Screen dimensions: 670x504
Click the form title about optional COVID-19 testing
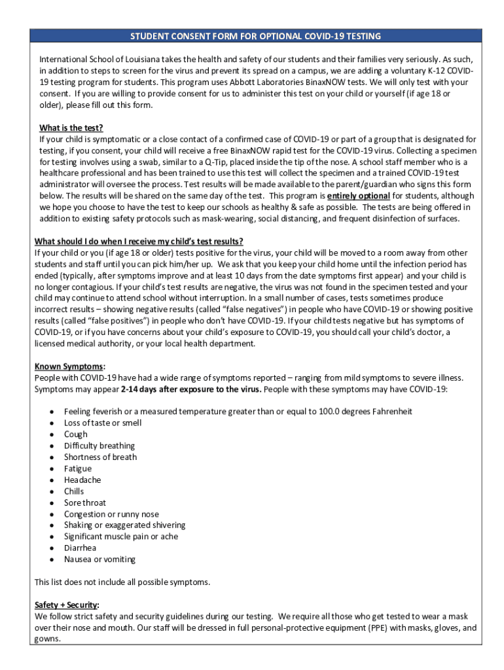tap(255, 36)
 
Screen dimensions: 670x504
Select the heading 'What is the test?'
tap(71, 128)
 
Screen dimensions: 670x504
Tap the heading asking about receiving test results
tap(139, 241)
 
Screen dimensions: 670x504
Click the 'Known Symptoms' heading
tap(69, 366)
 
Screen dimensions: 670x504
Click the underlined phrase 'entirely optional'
tap(359, 196)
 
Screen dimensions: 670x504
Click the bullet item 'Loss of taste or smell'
tap(102, 423)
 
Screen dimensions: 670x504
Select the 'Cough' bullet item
tap(75, 434)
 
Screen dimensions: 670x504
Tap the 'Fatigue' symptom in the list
tap(78, 468)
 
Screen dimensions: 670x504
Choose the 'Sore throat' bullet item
tap(85, 502)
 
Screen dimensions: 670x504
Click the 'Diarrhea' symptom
tap(80, 548)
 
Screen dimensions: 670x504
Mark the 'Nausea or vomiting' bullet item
tap(99, 559)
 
